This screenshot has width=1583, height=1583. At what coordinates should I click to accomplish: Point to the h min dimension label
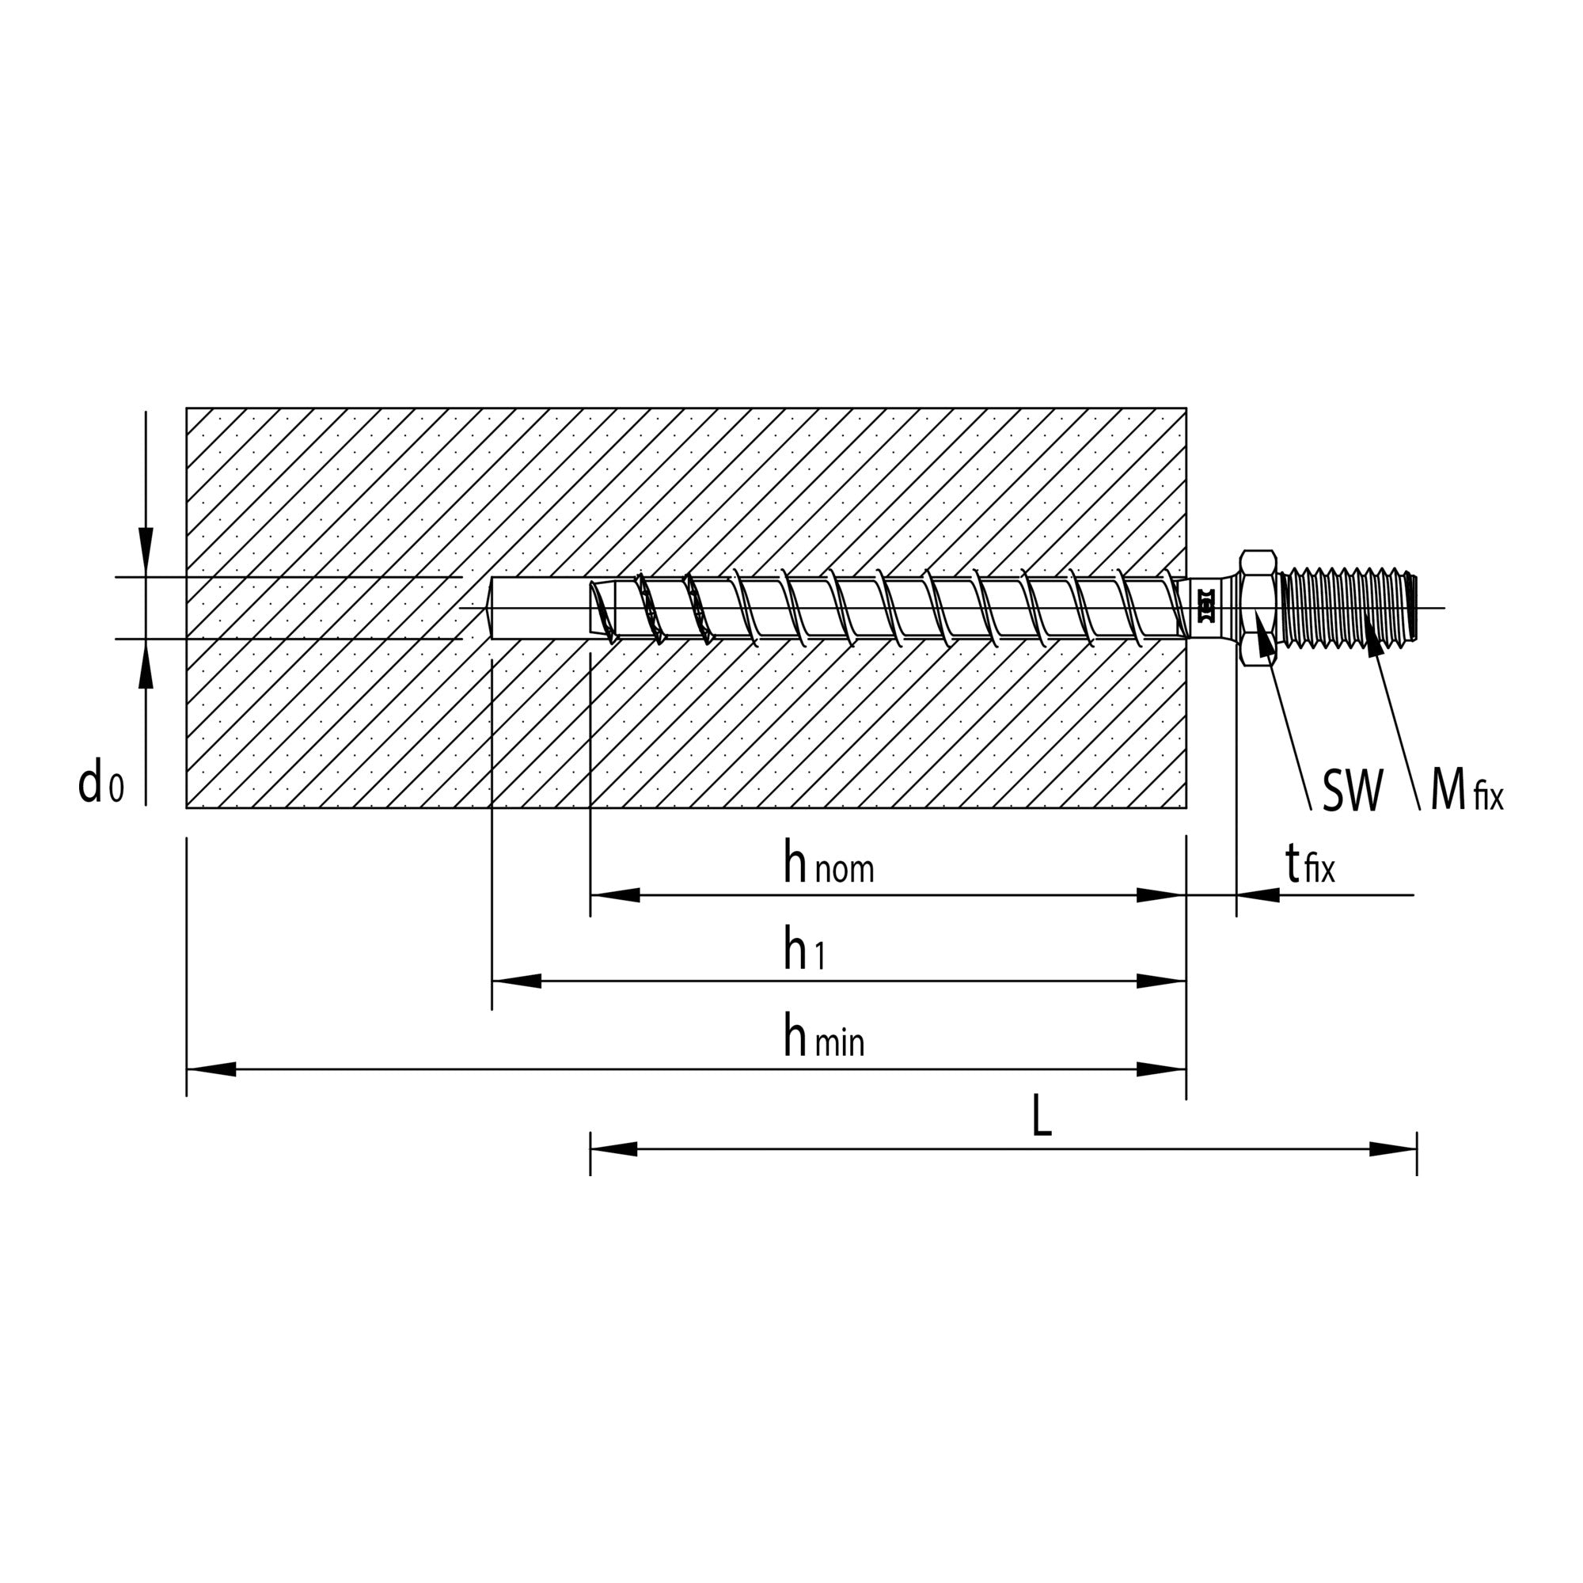point(822,1038)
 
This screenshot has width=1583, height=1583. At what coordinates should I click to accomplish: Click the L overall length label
point(1041,1117)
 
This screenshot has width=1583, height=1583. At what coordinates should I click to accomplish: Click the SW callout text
point(1352,791)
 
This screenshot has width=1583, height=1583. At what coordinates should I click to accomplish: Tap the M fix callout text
point(1466,791)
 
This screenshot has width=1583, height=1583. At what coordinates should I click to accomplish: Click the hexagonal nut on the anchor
point(1258,608)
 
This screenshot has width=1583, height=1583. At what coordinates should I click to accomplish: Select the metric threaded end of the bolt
point(1348,608)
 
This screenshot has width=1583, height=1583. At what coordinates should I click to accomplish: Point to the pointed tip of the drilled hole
point(492,608)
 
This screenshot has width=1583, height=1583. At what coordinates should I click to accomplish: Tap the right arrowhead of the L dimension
point(1394,1148)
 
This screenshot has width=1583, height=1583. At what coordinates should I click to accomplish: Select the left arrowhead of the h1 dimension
point(515,981)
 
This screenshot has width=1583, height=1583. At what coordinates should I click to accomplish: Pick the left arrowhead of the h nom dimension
point(613,894)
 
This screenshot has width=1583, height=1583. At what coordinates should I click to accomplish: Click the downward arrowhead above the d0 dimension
point(146,552)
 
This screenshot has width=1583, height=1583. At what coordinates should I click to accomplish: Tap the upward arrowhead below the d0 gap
point(146,662)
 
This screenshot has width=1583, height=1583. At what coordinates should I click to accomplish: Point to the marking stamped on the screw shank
point(1205,608)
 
